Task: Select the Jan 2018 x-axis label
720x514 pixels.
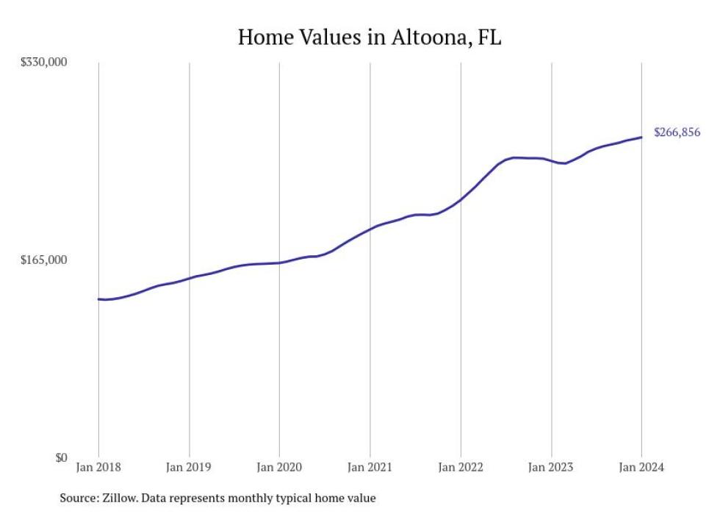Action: point(99,468)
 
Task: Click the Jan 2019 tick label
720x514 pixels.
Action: point(190,468)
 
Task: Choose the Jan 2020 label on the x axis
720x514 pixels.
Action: point(280,468)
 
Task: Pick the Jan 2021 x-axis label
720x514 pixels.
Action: point(370,468)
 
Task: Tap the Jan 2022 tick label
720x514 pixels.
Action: point(461,468)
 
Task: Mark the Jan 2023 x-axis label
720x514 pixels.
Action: point(551,468)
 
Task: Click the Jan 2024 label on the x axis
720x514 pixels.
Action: point(641,468)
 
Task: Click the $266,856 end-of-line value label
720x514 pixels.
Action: point(677,133)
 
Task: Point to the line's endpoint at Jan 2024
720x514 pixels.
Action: point(641,138)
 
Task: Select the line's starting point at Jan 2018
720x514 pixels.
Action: point(99,299)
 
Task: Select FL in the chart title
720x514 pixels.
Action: point(489,38)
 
